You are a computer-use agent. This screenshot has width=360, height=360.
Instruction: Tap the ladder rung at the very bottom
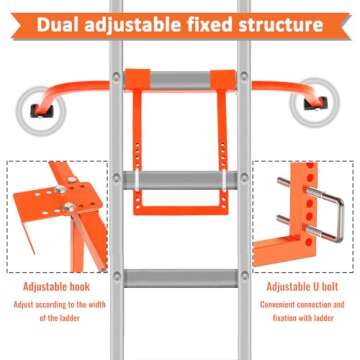181,277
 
